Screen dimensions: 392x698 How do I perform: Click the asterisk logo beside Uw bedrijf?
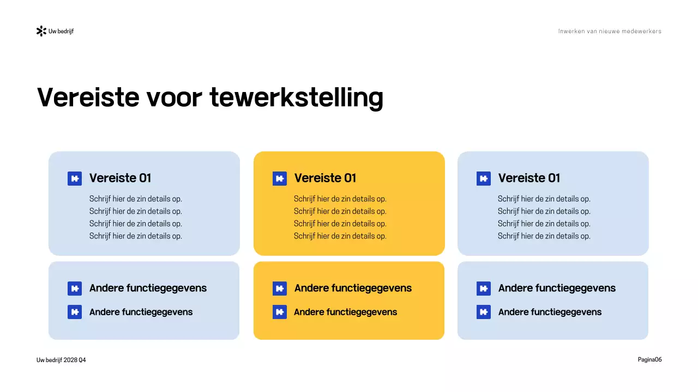[41, 31]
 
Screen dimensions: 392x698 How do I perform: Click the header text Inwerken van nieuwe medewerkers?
[610, 31]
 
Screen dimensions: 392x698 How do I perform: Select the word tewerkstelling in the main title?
[296, 98]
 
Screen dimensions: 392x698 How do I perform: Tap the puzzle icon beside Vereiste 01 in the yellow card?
[280, 179]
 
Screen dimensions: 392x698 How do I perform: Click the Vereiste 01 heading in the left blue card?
[120, 178]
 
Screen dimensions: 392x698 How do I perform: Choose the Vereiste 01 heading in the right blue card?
[529, 178]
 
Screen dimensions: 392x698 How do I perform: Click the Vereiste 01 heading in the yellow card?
[325, 178]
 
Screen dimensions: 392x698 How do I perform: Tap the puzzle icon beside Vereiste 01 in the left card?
[75, 179]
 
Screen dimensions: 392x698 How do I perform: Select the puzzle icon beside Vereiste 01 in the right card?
[484, 179]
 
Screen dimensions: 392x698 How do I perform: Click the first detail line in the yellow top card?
[340, 199]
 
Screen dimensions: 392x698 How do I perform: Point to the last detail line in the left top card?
[136, 236]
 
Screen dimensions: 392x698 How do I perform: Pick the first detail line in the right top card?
[544, 199]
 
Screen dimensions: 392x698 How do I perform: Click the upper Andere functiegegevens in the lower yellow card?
[353, 288]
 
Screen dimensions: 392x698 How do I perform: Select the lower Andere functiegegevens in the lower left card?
[141, 312]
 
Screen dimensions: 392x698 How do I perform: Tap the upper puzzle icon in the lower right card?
[484, 289]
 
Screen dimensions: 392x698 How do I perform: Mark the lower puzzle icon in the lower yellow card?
[280, 312]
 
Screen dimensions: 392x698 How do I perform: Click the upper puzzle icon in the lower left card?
[75, 289]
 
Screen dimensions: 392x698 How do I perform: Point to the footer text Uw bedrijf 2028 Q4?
[61, 360]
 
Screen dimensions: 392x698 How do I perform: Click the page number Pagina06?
[649, 359]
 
